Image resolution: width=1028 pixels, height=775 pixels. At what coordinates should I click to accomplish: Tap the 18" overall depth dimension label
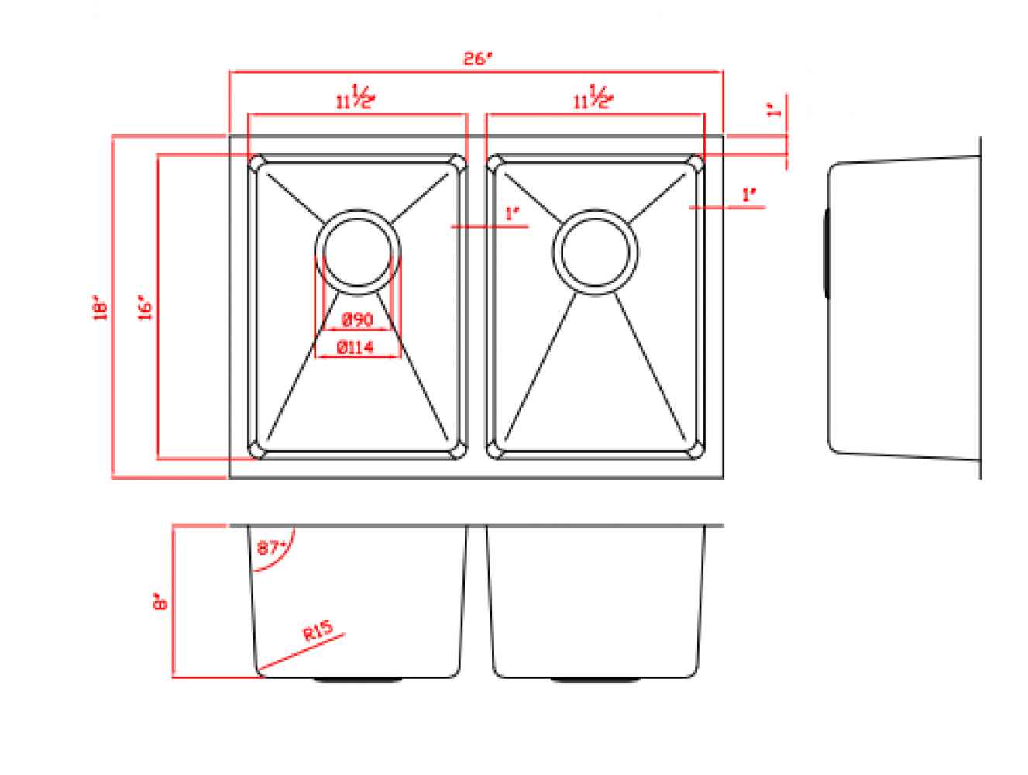click(100, 307)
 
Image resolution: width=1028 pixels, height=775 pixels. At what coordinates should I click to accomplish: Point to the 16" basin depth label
click(144, 307)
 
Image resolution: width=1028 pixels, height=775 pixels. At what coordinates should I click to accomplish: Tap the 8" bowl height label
click(160, 601)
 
